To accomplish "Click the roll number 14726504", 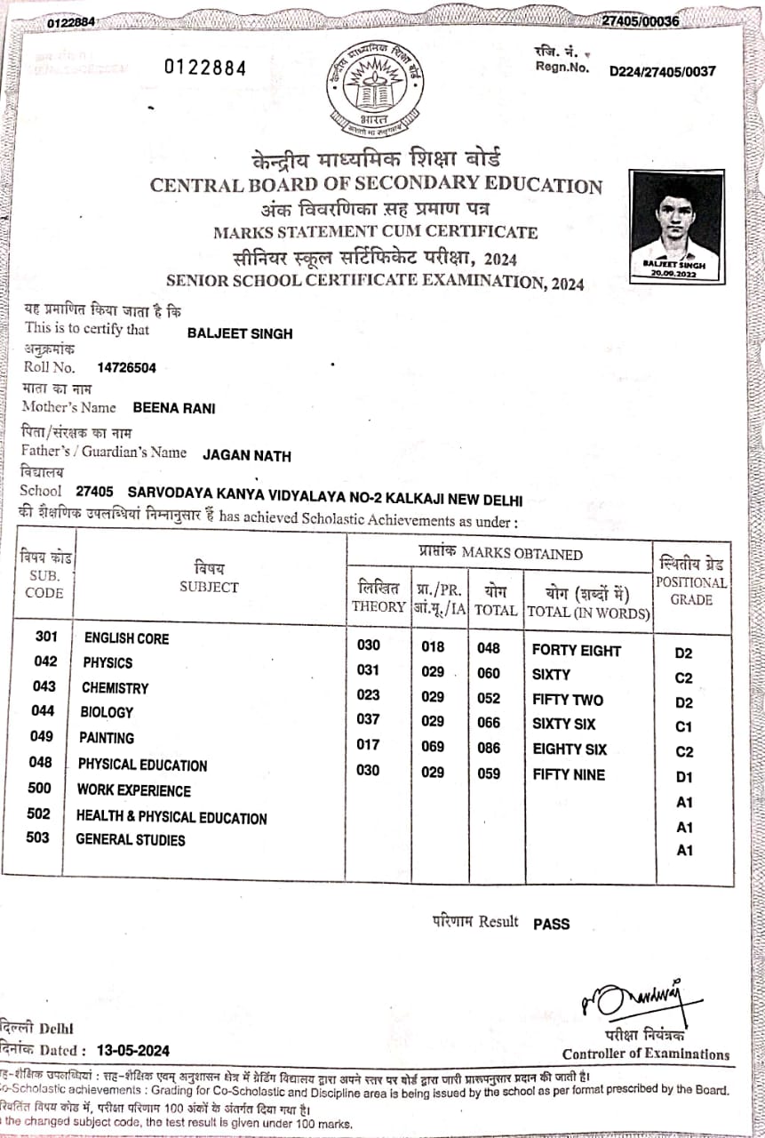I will [x=127, y=367].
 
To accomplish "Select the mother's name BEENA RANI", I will [x=173, y=408].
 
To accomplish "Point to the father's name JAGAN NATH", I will [x=247, y=456].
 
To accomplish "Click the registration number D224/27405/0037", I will [x=662, y=71].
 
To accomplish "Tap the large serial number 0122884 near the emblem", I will [x=205, y=68].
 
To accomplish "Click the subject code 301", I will [x=46, y=637].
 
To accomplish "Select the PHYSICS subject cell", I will [x=108, y=663].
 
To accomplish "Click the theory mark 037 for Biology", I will [x=368, y=719].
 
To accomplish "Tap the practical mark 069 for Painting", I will [x=433, y=744].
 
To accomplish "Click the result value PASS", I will [x=551, y=924].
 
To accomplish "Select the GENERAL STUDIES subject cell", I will [x=131, y=839].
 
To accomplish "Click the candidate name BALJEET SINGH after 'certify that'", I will [x=240, y=333].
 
